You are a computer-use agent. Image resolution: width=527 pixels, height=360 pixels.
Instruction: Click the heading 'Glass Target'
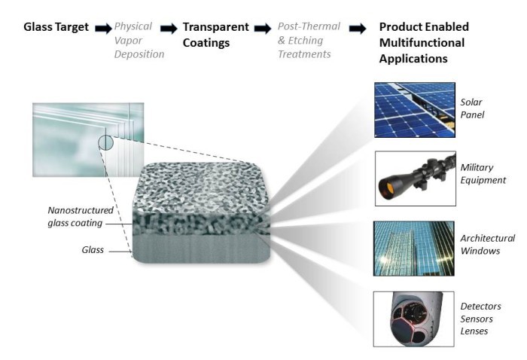click(x=56, y=27)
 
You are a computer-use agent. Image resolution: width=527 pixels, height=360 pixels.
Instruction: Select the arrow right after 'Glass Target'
click(x=103, y=29)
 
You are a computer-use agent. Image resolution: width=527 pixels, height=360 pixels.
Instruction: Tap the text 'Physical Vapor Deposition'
click(x=139, y=41)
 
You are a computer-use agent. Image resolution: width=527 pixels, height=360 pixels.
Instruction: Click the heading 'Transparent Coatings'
click(x=216, y=35)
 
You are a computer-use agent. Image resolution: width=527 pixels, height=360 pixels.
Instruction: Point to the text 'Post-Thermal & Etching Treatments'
click(x=309, y=41)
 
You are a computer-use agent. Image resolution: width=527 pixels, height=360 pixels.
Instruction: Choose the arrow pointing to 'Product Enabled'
click(x=358, y=29)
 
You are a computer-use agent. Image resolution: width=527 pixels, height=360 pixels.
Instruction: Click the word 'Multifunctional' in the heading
click(x=422, y=43)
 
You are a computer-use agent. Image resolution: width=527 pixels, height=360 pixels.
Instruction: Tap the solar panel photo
click(x=415, y=110)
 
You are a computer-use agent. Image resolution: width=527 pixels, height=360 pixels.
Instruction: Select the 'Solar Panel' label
click(x=472, y=108)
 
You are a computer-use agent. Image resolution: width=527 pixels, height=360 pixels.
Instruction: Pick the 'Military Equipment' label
click(x=483, y=174)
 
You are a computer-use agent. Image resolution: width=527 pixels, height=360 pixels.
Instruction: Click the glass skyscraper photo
click(x=414, y=249)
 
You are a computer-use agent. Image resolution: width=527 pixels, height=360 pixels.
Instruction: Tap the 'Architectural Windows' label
click(x=487, y=244)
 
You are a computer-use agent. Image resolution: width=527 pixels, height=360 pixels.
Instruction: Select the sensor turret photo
click(x=414, y=319)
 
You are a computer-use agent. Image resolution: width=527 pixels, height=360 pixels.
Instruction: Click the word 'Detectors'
click(x=480, y=307)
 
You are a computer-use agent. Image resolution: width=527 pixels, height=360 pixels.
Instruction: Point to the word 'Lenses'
click(x=474, y=331)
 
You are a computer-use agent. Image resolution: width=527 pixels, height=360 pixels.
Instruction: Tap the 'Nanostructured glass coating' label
click(x=81, y=216)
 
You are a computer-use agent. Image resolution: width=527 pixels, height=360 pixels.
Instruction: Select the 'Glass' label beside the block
click(x=93, y=250)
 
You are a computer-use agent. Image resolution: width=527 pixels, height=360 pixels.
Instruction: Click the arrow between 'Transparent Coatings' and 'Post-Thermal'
click(x=263, y=29)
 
